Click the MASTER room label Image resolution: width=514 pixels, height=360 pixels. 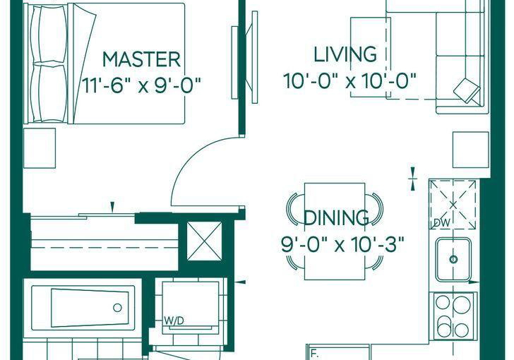[142, 59]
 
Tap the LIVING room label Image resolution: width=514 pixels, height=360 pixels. [345, 54]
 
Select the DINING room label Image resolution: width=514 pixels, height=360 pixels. [337, 217]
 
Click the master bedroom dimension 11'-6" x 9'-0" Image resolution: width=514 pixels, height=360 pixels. [141, 85]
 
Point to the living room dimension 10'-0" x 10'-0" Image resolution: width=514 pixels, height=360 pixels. [349, 81]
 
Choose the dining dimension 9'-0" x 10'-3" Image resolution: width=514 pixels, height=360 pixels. [342, 244]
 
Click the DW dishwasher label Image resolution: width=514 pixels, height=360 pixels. [441, 222]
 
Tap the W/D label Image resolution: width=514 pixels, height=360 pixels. [174, 321]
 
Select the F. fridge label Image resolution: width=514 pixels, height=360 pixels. [315, 355]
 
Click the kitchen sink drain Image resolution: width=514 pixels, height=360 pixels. [453, 259]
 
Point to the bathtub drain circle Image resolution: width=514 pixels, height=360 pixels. [117, 308]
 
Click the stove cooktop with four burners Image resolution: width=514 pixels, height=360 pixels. [454, 316]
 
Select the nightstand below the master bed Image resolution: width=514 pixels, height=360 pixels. [40, 148]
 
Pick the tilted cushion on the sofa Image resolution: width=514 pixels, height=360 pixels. [467, 90]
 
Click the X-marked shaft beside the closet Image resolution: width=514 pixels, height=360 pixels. [204, 241]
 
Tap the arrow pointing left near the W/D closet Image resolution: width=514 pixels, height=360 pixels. [241, 282]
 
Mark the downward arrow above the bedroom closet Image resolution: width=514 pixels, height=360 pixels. [112, 208]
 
